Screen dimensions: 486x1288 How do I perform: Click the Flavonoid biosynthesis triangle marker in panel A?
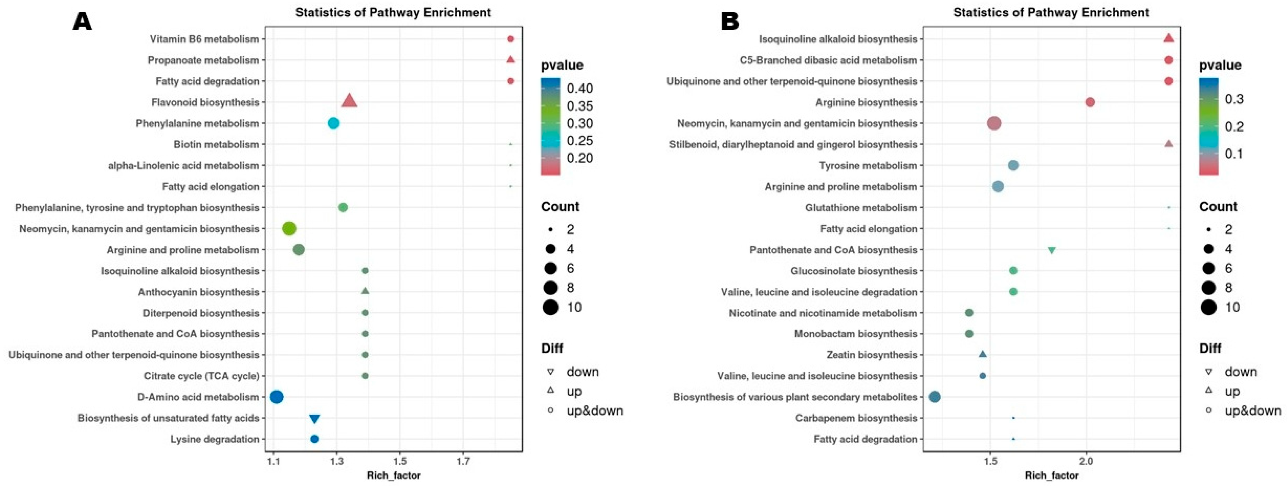coord(349,101)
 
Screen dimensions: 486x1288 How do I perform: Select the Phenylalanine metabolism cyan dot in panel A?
coord(333,123)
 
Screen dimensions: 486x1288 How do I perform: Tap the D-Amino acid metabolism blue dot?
coord(276,397)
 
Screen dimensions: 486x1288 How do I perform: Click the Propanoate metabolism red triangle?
coord(510,60)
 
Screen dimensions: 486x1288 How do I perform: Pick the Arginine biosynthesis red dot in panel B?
coord(1090,102)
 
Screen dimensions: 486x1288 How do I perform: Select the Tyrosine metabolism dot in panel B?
coord(1013,165)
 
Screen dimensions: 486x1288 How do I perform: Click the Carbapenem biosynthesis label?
coord(856,418)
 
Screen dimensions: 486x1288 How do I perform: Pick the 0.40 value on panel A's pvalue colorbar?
coord(579,88)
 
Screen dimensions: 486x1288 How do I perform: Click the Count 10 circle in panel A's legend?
coord(550,307)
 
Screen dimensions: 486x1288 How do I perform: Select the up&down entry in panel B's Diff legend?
coord(1252,410)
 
